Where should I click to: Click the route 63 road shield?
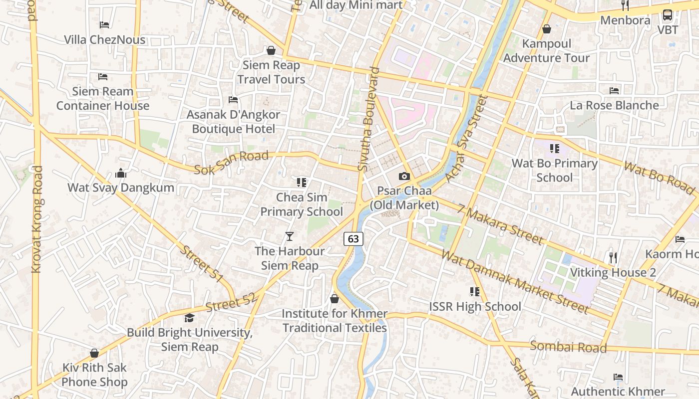click(353, 239)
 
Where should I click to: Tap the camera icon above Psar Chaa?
click(404, 176)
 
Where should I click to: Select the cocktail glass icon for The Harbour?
click(290, 236)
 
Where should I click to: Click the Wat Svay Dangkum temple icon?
click(121, 173)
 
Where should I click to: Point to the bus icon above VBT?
click(668, 15)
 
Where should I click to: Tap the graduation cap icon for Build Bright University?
click(189, 318)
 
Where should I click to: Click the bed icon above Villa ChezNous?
click(104, 25)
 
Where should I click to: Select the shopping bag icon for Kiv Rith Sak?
click(94, 353)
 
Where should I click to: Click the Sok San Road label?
click(231, 163)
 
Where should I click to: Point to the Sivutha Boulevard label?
click(369, 120)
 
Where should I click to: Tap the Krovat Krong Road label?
click(37, 219)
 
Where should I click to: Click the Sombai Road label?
click(568, 347)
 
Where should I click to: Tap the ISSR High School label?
click(475, 306)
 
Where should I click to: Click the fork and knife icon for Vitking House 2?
click(613, 257)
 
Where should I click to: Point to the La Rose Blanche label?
click(614, 105)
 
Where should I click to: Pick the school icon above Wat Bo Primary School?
click(554, 149)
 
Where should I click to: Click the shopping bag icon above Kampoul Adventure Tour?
click(547, 29)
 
